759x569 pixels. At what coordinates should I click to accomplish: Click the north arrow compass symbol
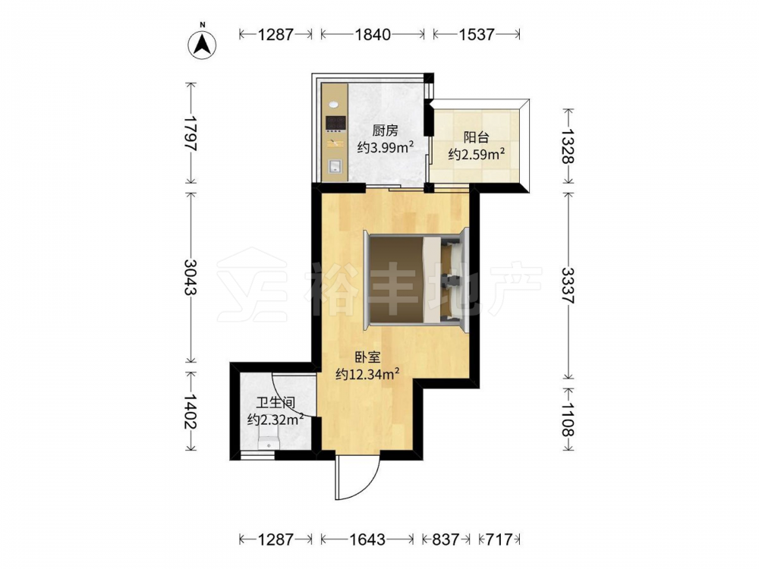coord(203,45)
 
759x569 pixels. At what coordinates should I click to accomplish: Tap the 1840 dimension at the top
coord(372,34)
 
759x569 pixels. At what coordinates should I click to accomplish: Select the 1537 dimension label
coord(477,34)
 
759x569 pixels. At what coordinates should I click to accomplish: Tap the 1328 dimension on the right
coord(568,146)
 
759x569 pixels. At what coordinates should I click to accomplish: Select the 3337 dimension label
coord(568,285)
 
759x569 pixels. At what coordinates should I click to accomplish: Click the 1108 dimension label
coord(568,419)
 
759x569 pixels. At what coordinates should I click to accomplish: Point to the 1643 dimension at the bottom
coord(367,539)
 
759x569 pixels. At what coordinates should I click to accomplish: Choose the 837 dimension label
coord(445,539)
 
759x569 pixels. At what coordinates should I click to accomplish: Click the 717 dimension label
coord(499,539)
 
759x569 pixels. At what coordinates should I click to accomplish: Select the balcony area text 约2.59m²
coord(477,154)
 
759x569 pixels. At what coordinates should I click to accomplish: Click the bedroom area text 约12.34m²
coord(368,374)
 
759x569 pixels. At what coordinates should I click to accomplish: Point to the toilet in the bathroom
coord(269,438)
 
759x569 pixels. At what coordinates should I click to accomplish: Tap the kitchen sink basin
coord(335,167)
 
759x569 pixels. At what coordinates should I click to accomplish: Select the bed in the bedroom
coord(416,279)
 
